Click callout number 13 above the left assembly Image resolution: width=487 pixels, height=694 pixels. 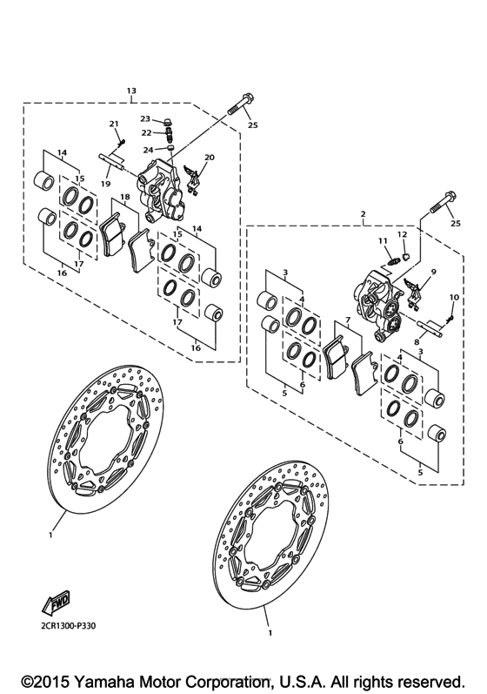(x=131, y=91)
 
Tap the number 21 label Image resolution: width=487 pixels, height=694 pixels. (x=113, y=125)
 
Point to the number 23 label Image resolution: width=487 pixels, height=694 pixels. (x=146, y=119)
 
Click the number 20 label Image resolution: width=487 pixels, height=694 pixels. (x=209, y=158)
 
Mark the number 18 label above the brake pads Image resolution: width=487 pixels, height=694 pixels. (x=125, y=198)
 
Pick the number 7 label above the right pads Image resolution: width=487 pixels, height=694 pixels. (x=347, y=320)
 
